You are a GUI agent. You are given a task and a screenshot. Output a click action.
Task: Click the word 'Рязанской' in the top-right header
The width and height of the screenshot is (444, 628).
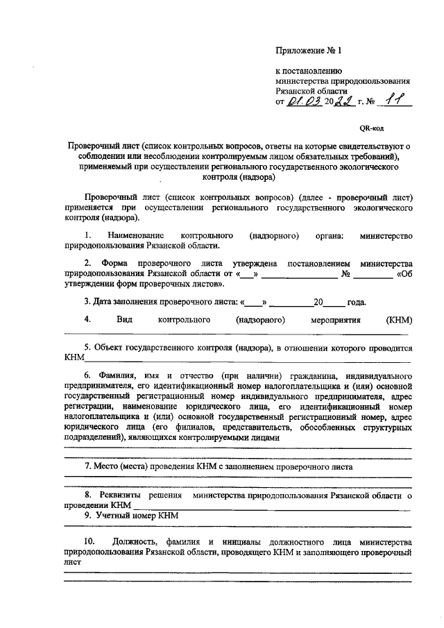pos(296,91)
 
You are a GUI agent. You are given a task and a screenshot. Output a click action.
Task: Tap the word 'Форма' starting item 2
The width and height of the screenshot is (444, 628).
pos(114,264)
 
